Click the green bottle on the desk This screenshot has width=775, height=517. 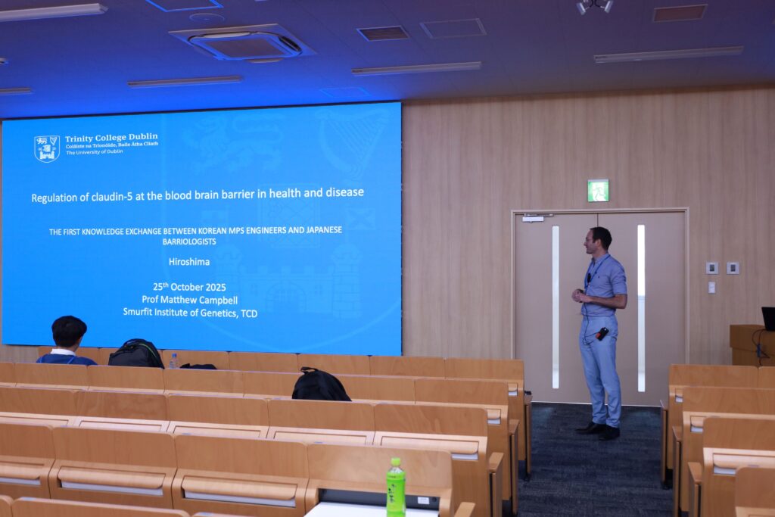tap(395, 487)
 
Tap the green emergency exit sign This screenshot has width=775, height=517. tap(598, 190)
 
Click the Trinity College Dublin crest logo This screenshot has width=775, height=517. tap(46, 148)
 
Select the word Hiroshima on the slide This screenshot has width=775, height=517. tap(189, 262)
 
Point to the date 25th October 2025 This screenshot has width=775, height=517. tap(189, 287)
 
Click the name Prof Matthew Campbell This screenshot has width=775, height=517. tap(190, 300)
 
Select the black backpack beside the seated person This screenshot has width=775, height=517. tap(136, 353)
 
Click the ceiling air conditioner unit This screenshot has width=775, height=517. tap(244, 43)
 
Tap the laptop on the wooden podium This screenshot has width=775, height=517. tap(769, 319)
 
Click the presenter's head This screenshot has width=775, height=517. tap(599, 240)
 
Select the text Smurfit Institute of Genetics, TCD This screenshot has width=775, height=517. tap(190, 313)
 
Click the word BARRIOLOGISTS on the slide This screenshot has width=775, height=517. tap(189, 241)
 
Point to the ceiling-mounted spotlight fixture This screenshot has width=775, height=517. tap(595, 6)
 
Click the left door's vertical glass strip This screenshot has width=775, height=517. tap(556, 307)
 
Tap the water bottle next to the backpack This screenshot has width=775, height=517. tap(173, 361)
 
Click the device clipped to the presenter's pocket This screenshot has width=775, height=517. tap(602, 334)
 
